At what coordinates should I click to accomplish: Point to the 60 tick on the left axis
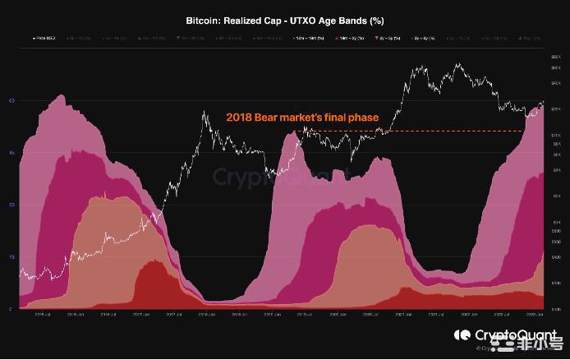[11, 100]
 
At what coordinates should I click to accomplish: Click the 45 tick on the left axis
[11, 153]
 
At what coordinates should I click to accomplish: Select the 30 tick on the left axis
[11, 205]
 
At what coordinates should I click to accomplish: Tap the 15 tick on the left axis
[11, 257]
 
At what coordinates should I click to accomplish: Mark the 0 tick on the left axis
[11, 309]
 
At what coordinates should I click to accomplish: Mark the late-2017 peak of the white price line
[205, 113]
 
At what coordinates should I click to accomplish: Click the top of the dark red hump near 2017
[153, 261]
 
